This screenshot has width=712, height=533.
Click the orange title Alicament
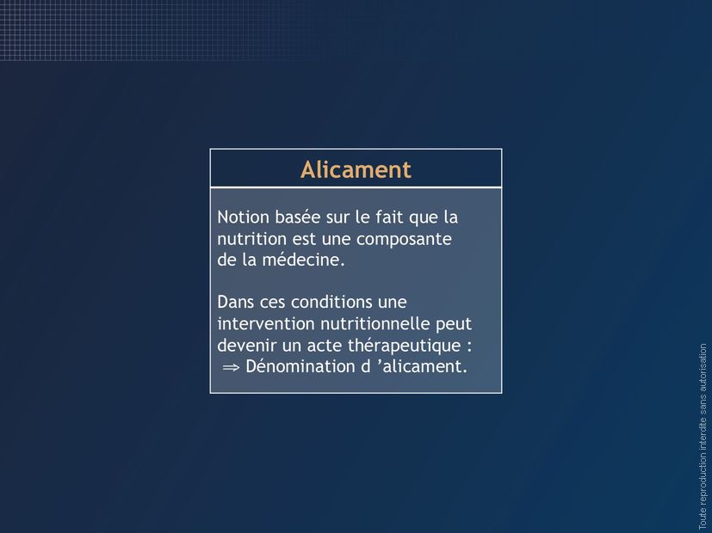point(356,169)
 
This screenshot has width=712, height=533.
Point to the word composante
point(404,239)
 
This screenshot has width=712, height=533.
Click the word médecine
point(303,260)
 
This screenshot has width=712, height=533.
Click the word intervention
point(266,323)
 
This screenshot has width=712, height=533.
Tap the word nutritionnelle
point(375,323)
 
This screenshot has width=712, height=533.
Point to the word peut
point(454,324)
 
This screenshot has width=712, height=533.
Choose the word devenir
point(246,346)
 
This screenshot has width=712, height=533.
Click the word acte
point(325,346)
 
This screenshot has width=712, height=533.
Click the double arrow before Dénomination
point(231,367)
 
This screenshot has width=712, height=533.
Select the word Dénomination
point(300,366)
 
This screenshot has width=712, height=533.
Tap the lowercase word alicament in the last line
point(424,366)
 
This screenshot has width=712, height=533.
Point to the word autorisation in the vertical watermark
point(703,368)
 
